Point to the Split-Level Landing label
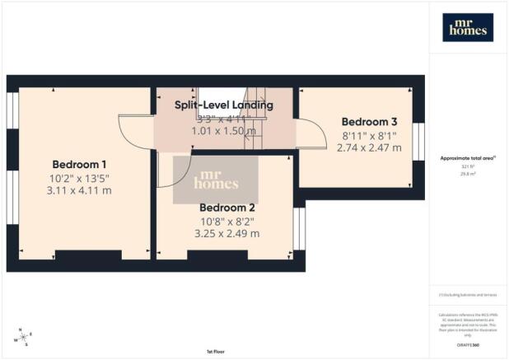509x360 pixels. pyautogui.click(x=223, y=105)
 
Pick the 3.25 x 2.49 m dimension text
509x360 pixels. pyautogui.click(x=226, y=234)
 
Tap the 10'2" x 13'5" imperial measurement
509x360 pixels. pyautogui.click(x=82, y=177)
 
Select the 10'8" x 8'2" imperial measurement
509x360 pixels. pyautogui.click(x=226, y=221)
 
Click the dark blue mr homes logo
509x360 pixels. pyautogui.click(x=467, y=27)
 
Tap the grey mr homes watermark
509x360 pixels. pyautogui.click(x=214, y=180)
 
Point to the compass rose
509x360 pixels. pyautogui.click(x=23, y=337)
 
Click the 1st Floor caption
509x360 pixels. pyautogui.click(x=217, y=353)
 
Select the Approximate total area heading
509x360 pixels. pyautogui.click(x=466, y=158)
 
